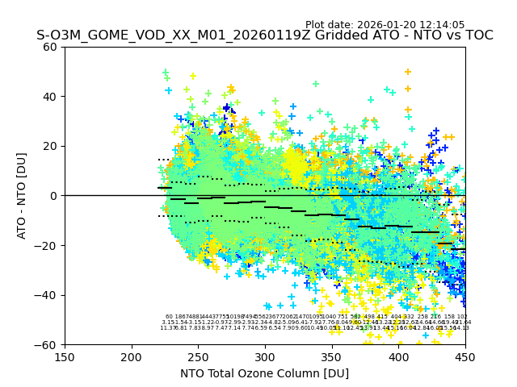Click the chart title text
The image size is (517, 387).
(264, 36)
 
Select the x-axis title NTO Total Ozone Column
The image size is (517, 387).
(264, 373)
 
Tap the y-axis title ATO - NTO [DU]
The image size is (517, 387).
(23, 195)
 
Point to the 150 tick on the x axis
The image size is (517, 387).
(65, 356)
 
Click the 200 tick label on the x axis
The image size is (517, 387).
(132, 356)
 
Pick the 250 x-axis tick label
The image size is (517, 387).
(198, 356)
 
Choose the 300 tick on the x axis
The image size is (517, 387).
(265, 356)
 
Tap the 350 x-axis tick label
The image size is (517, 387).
(331, 356)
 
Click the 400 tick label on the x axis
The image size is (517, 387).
(398, 356)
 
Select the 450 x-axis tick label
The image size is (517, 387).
(464, 356)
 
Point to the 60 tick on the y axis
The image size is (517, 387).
(50, 47)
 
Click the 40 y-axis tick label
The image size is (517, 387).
(50, 97)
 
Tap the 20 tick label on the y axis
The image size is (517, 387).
(50, 146)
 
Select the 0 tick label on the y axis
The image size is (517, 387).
(53, 196)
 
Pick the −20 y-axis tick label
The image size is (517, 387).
(47, 245)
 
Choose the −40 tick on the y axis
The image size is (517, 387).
(47, 295)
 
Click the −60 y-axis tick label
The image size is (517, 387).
(47, 344)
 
